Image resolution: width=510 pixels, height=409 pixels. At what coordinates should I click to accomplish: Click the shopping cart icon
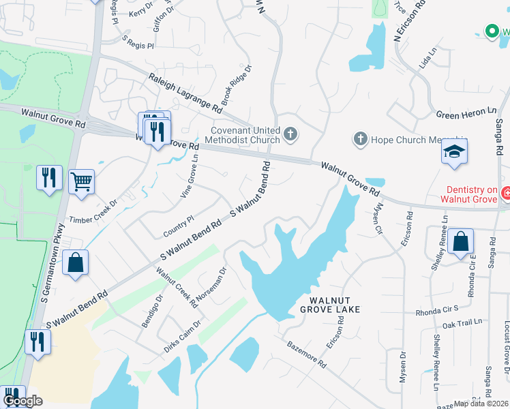point(81,181)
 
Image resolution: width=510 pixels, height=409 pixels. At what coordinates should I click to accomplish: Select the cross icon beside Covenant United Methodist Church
point(291,134)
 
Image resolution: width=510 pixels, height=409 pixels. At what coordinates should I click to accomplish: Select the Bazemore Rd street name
point(307,354)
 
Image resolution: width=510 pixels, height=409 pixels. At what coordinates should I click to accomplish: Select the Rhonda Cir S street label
point(437,311)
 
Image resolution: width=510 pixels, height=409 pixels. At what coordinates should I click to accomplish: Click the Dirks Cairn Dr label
point(182,336)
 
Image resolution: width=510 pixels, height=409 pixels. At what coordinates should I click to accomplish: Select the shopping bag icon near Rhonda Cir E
point(461,242)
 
